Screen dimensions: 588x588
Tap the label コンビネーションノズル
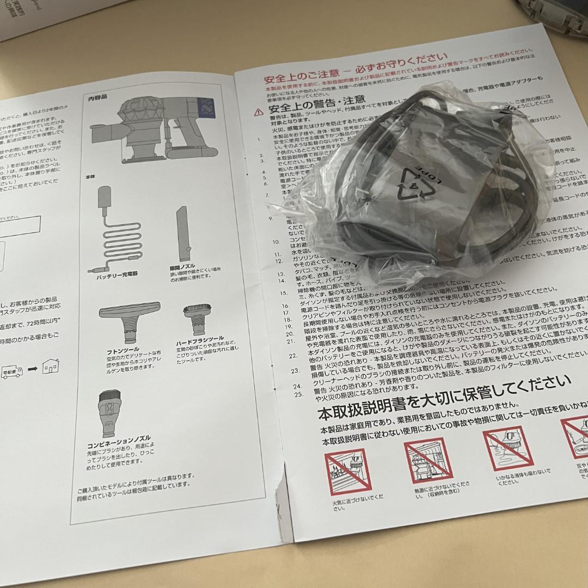tap(114, 445)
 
